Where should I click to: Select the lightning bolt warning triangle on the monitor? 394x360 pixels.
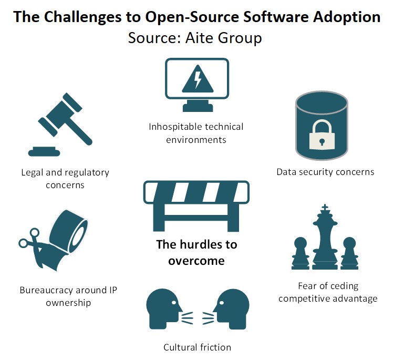click(x=197, y=81)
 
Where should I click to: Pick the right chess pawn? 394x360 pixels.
click(x=349, y=254)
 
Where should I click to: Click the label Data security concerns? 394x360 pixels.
click(x=325, y=172)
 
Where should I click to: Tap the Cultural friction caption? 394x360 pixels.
click(x=197, y=347)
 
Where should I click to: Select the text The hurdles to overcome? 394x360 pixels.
click(x=196, y=252)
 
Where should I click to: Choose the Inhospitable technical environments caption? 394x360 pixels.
click(x=196, y=133)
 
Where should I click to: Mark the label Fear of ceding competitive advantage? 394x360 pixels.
click(x=328, y=292)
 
